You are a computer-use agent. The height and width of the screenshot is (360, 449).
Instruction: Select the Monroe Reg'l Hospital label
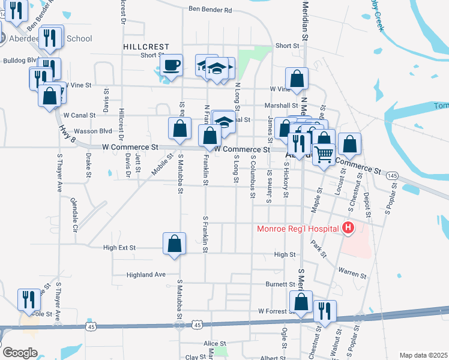coord(297,228)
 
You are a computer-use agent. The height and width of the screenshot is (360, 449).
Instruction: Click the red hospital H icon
coord(347,228)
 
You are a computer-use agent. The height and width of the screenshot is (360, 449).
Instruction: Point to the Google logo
coord(20,353)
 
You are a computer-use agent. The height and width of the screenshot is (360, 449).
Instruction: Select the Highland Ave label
coord(145,275)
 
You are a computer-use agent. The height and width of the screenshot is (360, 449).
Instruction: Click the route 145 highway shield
coord(392,175)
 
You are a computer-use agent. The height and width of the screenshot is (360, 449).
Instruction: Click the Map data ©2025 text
coord(423,355)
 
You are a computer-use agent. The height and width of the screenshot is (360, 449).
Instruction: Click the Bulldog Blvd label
coord(20,61)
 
